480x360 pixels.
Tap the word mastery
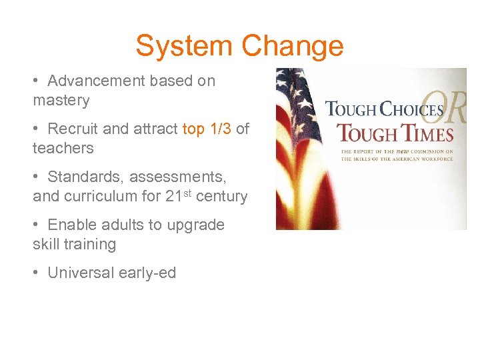pos(61,101)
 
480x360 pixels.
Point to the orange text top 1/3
pos(207,129)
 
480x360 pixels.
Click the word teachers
pos(63,149)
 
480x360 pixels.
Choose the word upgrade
pos(198,225)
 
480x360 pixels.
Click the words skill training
pos(74,245)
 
